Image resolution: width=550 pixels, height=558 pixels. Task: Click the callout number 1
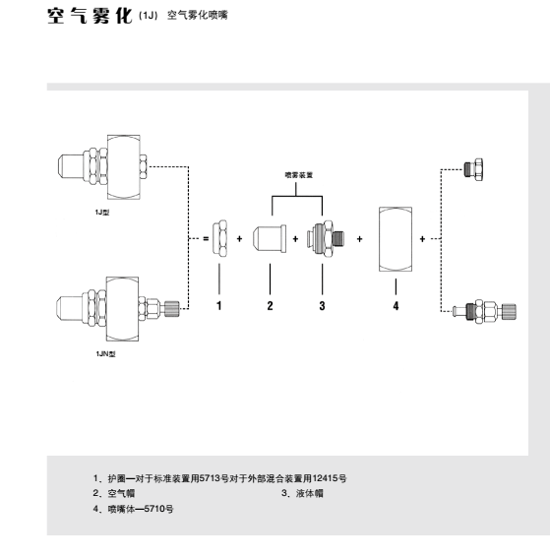pyautogui.click(x=219, y=305)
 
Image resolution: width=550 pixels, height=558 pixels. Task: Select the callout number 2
pyautogui.click(x=270, y=305)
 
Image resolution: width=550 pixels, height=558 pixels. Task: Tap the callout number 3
pyautogui.click(x=322, y=305)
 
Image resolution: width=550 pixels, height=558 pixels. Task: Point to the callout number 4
pyautogui.click(x=396, y=306)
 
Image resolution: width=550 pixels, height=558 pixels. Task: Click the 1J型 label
pyautogui.click(x=102, y=213)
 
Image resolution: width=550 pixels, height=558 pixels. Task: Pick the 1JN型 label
pyautogui.click(x=105, y=353)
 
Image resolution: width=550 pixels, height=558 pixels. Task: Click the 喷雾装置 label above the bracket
pyautogui.click(x=299, y=175)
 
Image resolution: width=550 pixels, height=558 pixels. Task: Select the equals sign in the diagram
pyautogui.click(x=206, y=238)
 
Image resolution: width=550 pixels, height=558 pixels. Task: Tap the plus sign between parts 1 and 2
pyautogui.click(x=239, y=238)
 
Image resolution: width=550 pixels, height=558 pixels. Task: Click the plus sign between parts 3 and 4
pyautogui.click(x=360, y=239)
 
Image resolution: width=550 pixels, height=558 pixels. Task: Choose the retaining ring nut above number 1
pyautogui.click(x=219, y=238)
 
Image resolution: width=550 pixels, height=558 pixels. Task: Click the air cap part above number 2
pyautogui.click(x=270, y=238)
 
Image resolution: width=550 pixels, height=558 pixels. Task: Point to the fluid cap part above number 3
pyautogui.click(x=326, y=238)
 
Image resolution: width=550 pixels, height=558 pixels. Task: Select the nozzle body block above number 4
pyautogui.click(x=396, y=239)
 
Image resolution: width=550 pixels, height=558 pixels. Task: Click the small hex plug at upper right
pyautogui.click(x=473, y=169)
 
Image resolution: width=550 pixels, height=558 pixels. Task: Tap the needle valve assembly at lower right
pyautogui.click(x=484, y=311)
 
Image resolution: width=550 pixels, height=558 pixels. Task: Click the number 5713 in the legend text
pyautogui.click(x=210, y=478)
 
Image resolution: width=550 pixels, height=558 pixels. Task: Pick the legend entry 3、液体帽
pyautogui.click(x=302, y=493)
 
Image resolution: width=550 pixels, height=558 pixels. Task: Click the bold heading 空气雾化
pyautogui.click(x=90, y=16)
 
